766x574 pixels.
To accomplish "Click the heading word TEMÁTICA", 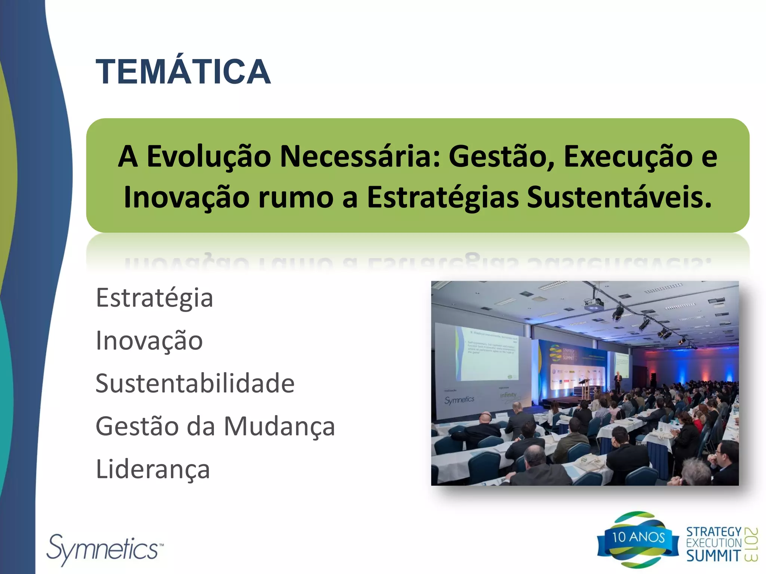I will pyautogui.click(x=183, y=72).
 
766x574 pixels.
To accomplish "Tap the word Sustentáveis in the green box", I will pyautogui.click(x=619, y=197).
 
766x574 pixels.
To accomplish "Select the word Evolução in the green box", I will pyautogui.click(x=208, y=156).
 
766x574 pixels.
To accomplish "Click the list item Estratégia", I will pyautogui.click(x=154, y=298).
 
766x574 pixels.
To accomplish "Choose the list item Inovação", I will pyautogui.click(x=149, y=341).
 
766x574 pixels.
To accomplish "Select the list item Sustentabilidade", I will pyautogui.click(x=195, y=384).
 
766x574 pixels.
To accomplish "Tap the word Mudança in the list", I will pyautogui.click(x=279, y=426).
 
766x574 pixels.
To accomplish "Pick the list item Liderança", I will pyautogui.click(x=153, y=469).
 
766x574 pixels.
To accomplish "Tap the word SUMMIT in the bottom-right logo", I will pyautogui.click(x=713, y=556).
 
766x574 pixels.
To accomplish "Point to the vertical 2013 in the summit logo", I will pyautogui.click(x=751, y=544).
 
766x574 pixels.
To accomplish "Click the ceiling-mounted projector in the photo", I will pyautogui.click(x=593, y=305).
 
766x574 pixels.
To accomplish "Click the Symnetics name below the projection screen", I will pyautogui.click(x=459, y=400).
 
